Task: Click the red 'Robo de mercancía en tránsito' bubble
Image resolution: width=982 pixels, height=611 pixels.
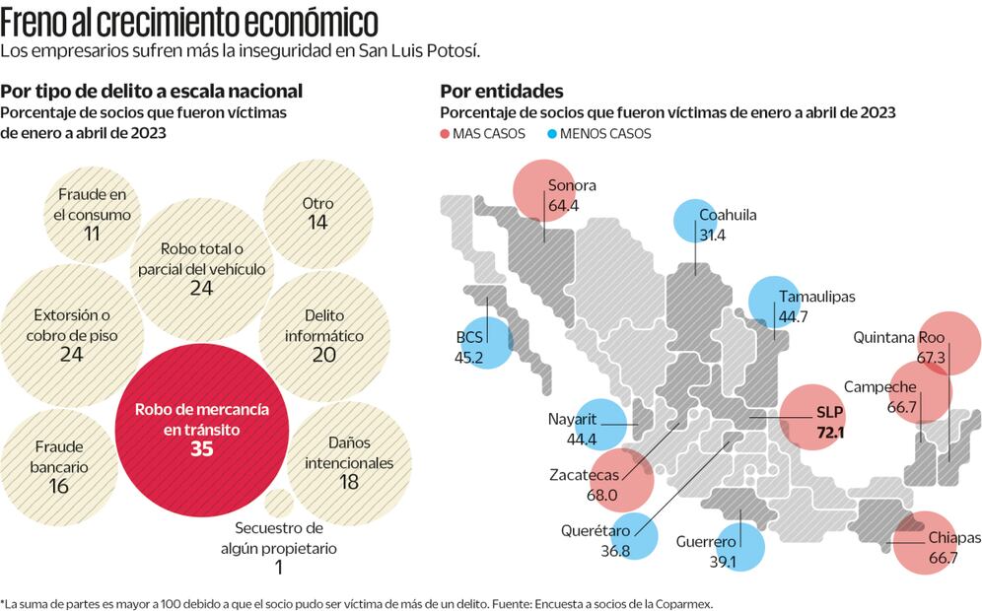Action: click(x=202, y=430)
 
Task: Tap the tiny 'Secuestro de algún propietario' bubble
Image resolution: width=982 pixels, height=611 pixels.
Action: click(x=279, y=502)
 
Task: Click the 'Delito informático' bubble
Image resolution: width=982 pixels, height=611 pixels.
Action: click(x=324, y=334)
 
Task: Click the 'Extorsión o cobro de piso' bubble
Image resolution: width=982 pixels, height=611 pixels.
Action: click(x=71, y=333)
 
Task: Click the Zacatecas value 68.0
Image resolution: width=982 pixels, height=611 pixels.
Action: click(x=601, y=495)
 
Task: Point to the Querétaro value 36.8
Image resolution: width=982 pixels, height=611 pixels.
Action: click(x=615, y=551)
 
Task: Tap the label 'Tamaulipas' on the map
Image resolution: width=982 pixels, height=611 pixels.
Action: click(x=816, y=296)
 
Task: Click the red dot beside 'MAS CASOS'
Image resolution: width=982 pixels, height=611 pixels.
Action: click(x=446, y=134)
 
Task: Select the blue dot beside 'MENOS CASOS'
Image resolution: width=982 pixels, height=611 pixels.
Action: click(x=553, y=134)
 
